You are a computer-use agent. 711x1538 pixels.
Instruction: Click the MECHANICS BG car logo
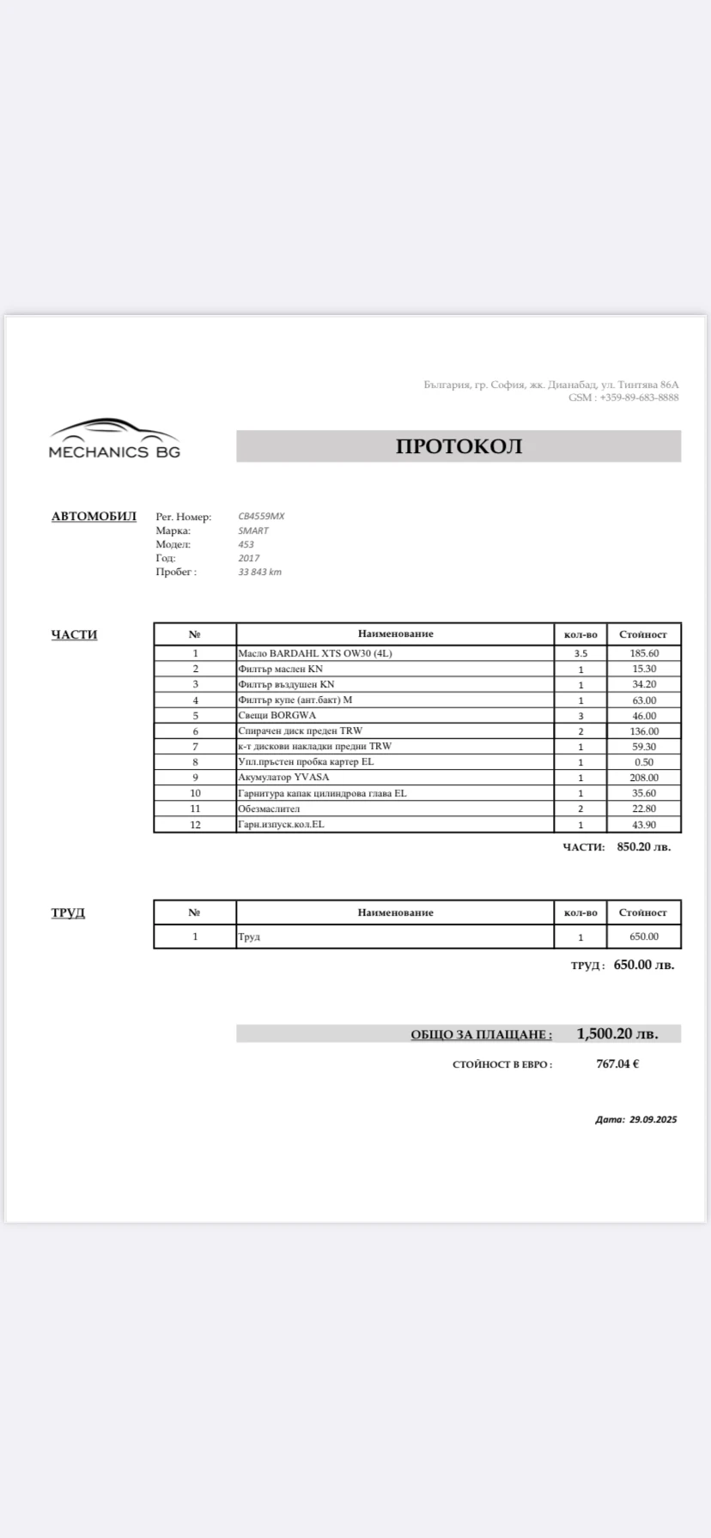[x=114, y=439]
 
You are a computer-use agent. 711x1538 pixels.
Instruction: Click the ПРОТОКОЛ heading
[x=459, y=446]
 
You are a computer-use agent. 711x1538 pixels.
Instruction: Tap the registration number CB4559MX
[x=261, y=517]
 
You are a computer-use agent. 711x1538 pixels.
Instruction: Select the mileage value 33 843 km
[x=259, y=572]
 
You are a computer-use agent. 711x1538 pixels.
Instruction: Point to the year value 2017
[x=248, y=558]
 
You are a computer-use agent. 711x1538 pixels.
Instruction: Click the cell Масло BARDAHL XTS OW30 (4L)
[x=314, y=653]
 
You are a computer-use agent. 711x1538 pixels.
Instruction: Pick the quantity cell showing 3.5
[x=580, y=653]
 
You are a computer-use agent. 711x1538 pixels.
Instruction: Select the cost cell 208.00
[x=643, y=778]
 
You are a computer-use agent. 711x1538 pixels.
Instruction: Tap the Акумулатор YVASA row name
[x=283, y=778]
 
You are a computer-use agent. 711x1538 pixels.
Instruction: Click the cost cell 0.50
[x=643, y=762]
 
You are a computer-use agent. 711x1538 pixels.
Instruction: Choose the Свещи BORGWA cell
[x=276, y=715]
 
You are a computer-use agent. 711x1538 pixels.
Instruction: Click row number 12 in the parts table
[x=195, y=825]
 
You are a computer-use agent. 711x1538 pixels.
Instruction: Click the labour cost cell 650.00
[x=643, y=936]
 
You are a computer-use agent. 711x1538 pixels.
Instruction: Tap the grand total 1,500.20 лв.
[x=617, y=1033]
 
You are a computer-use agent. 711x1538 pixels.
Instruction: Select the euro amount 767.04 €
[x=617, y=1064]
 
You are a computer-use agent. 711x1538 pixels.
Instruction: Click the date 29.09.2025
[x=653, y=1119]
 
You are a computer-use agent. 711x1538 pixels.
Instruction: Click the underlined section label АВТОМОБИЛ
[x=94, y=517]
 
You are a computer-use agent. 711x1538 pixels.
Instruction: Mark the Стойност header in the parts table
[x=643, y=634]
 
